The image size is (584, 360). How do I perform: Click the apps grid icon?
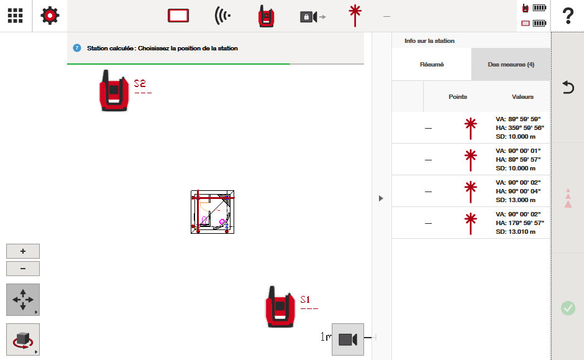(x=16, y=16)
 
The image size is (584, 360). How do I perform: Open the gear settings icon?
(x=50, y=16)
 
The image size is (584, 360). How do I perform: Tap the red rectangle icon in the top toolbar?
(x=178, y=16)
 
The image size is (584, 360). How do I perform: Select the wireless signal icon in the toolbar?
(x=222, y=16)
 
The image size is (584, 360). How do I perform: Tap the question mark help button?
(x=568, y=16)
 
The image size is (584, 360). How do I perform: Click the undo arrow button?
(x=568, y=87)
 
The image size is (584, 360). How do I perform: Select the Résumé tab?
(x=432, y=65)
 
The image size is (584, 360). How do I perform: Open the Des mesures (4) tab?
(x=511, y=65)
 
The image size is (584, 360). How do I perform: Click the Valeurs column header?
(x=522, y=97)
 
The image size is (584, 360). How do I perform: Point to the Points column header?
(x=458, y=97)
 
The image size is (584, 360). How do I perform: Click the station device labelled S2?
(x=114, y=91)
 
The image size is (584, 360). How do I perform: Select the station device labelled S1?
(x=280, y=307)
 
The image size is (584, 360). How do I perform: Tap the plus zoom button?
(x=23, y=251)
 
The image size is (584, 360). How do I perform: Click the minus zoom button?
(x=23, y=269)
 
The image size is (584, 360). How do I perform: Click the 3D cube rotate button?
(x=23, y=339)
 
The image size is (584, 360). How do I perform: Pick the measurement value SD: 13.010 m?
(x=516, y=232)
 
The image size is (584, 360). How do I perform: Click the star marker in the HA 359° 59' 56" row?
(x=471, y=128)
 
